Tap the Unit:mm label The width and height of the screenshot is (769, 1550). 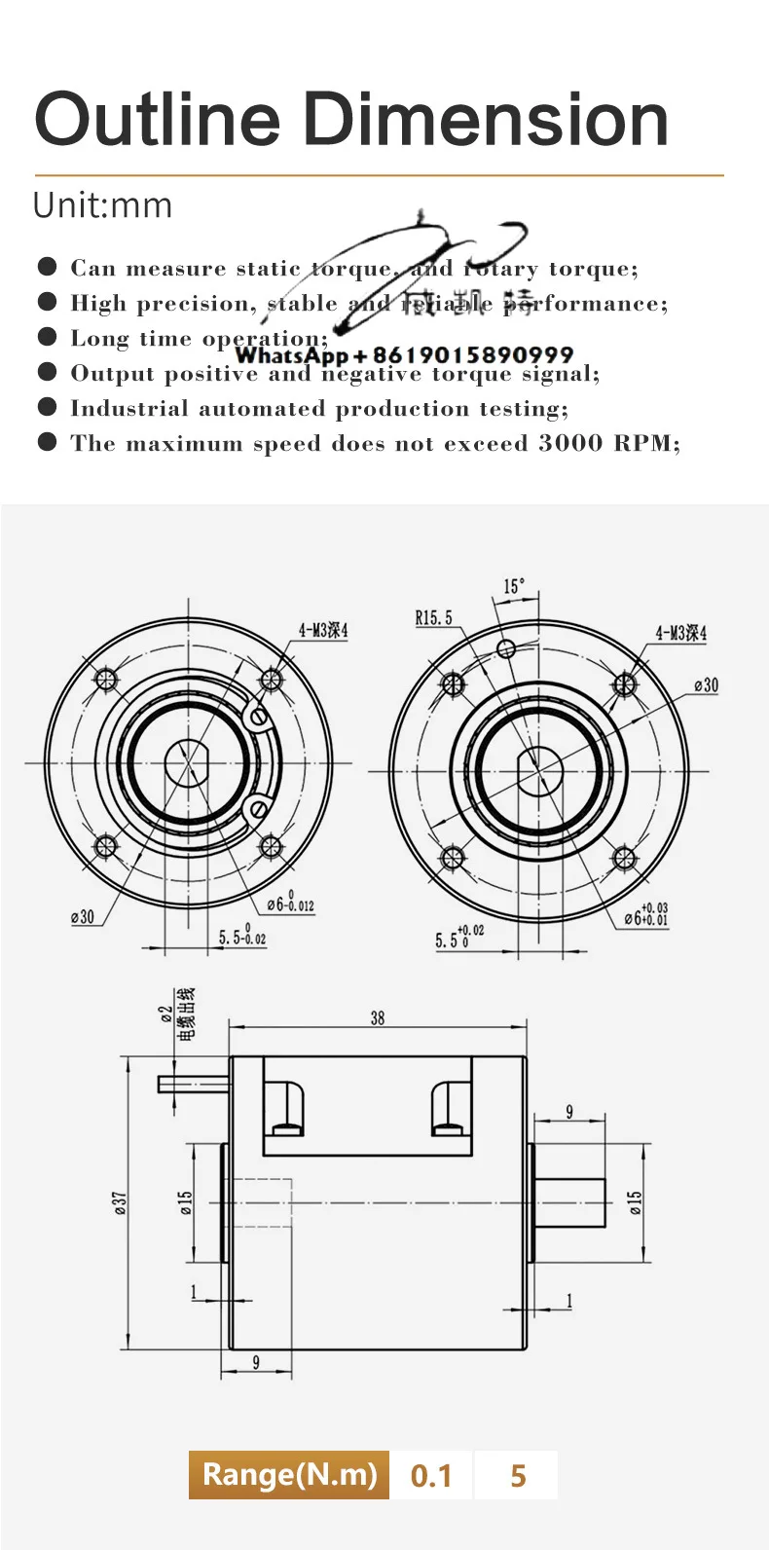[102, 205]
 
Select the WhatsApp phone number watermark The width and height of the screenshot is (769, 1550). [404, 355]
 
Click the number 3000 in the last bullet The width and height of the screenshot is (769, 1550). [570, 443]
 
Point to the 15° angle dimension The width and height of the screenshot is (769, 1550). [513, 586]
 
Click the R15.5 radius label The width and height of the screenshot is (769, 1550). [433, 617]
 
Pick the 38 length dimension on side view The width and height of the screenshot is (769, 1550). [378, 1017]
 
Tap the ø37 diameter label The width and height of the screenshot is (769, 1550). [120, 1203]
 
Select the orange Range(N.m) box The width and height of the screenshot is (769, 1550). [289, 1474]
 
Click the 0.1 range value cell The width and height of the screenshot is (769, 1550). [431, 1475]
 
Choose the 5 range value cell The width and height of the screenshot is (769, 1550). [517, 1475]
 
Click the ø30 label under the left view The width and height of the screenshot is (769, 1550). [83, 916]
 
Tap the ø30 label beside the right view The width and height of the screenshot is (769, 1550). [706, 685]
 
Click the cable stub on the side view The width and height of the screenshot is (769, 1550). [193, 1084]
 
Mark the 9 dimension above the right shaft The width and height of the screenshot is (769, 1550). [569, 1111]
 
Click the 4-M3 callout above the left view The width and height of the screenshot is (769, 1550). [322, 630]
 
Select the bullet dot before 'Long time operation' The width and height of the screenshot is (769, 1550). [47, 337]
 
